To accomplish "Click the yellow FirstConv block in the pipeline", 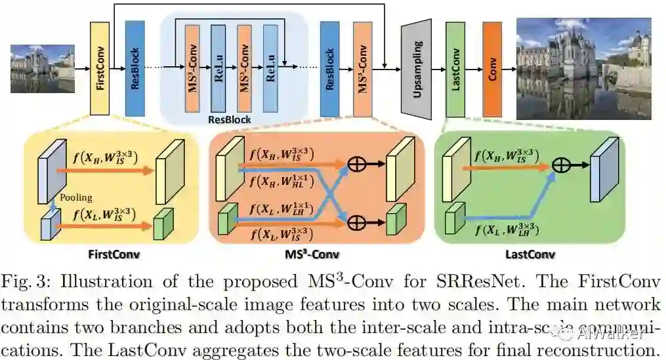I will [x=100, y=68].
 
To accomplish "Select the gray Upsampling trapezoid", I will [x=416, y=69].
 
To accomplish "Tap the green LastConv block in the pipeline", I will [x=455, y=68].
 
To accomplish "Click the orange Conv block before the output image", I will [x=491, y=68].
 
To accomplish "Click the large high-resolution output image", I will [x=583, y=68].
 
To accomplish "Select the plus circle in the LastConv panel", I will [x=560, y=165].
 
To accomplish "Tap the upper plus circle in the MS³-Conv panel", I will [x=356, y=165].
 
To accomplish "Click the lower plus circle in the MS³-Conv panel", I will [x=356, y=222].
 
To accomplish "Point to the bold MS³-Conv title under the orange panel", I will [x=316, y=254].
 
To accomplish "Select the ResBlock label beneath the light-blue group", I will [x=229, y=120].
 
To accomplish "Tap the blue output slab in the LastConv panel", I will [x=602, y=169].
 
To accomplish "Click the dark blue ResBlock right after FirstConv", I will [x=135, y=68].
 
